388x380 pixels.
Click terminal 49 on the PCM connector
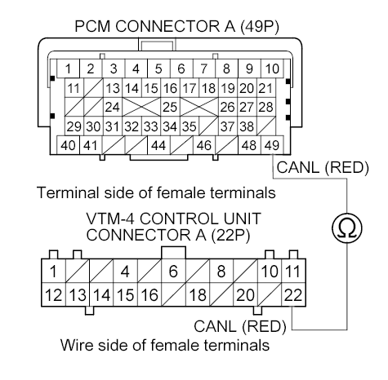coord(271,145)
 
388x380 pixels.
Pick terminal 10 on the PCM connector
coord(272,68)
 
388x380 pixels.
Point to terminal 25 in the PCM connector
coord(170,106)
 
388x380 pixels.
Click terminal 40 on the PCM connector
coord(67,145)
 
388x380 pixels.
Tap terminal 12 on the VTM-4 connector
coord(53,294)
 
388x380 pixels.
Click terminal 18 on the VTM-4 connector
coord(196,294)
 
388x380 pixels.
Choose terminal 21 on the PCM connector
coord(265,87)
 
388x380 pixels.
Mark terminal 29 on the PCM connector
coord(73,126)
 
